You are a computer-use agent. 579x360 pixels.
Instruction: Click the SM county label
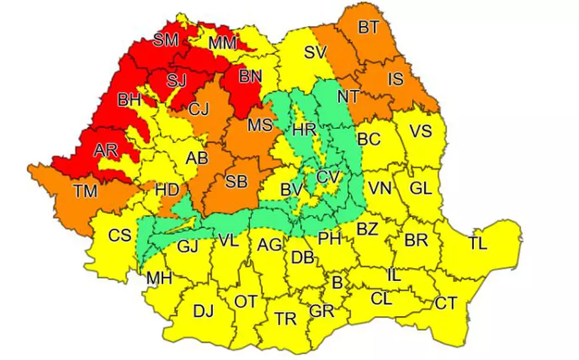pyautogui.click(x=166, y=41)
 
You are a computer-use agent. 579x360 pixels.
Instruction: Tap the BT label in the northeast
pyautogui.click(x=367, y=28)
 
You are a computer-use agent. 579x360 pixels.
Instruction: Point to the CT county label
pyautogui.click(x=446, y=303)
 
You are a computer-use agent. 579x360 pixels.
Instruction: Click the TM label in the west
pyautogui.click(x=85, y=192)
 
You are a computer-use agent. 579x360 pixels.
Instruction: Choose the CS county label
pyautogui.click(x=119, y=235)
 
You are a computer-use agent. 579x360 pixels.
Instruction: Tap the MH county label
pyautogui.click(x=159, y=277)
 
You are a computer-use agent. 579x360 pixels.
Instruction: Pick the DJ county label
pyautogui.click(x=203, y=310)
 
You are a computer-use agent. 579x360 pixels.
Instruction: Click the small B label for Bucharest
pyautogui.click(x=337, y=283)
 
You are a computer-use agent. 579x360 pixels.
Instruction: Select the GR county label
pyautogui.click(x=321, y=311)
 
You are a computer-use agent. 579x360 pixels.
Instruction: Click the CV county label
pyautogui.click(x=328, y=178)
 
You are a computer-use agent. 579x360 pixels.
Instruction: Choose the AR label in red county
pyautogui.click(x=105, y=150)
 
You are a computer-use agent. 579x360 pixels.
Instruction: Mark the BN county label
pyautogui.click(x=250, y=77)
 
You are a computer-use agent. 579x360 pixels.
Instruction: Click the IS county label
pyautogui.click(x=395, y=80)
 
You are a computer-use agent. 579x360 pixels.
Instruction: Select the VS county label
pyautogui.click(x=421, y=131)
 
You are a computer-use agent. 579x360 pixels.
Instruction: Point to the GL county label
pyautogui.click(x=421, y=188)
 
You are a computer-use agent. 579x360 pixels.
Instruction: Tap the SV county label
pyautogui.click(x=317, y=53)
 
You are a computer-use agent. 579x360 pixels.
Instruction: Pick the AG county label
pyautogui.click(x=270, y=245)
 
